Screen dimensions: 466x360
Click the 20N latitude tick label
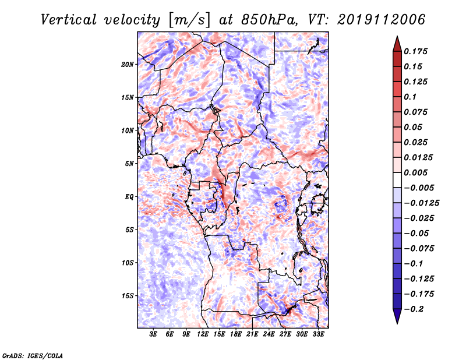[128, 64]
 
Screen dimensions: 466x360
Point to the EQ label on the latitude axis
[129, 197]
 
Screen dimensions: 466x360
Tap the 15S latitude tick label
[128, 296]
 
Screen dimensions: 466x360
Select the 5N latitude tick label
[129, 164]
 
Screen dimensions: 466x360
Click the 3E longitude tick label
[153, 334]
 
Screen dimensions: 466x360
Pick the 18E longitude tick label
[236, 334]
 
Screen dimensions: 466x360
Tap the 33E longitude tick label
[318, 334]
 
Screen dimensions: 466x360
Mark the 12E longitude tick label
[203, 334]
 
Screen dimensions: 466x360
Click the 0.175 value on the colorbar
[415, 51]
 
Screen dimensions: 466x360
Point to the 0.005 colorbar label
[415, 172]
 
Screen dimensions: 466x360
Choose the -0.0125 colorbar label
[421, 203]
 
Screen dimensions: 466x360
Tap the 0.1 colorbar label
[410, 97]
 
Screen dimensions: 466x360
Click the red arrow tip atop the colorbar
[397, 37]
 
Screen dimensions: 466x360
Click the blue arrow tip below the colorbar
[397, 323]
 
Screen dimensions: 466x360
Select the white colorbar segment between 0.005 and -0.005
[397, 180]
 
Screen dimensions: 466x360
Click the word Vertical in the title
[69, 20]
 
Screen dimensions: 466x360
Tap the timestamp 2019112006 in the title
[382, 20]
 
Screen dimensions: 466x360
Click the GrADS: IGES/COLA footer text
[33, 355]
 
